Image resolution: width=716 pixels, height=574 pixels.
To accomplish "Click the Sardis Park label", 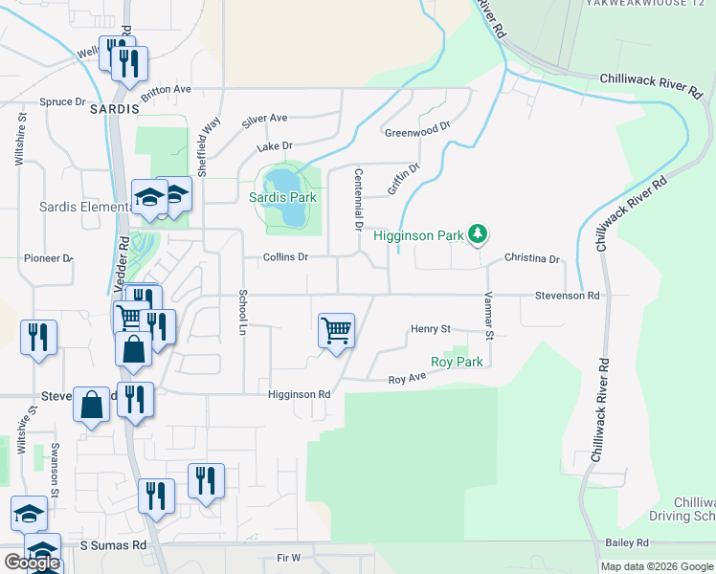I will click(282, 198).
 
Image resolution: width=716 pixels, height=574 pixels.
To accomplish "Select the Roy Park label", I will click(457, 362).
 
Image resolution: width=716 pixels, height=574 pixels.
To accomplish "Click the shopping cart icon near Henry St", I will click(336, 331).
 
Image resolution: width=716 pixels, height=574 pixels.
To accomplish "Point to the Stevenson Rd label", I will click(567, 297).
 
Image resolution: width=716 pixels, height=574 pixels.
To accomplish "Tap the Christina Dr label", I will click(531, 259).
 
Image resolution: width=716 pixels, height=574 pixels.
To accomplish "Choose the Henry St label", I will click(431, 329).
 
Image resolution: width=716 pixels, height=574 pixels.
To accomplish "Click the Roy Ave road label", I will click(407, 380).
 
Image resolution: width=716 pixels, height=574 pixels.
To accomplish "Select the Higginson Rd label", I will click(299, 394).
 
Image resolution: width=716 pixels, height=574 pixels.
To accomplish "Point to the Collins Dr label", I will click(287, 257).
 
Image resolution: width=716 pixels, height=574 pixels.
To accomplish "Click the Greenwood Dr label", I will click(417, 129).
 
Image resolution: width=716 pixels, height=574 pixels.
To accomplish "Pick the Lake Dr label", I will click(274, 147).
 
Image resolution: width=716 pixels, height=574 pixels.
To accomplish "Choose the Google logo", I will click(32, 563).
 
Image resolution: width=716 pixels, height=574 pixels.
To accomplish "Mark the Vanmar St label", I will click(489, 316).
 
